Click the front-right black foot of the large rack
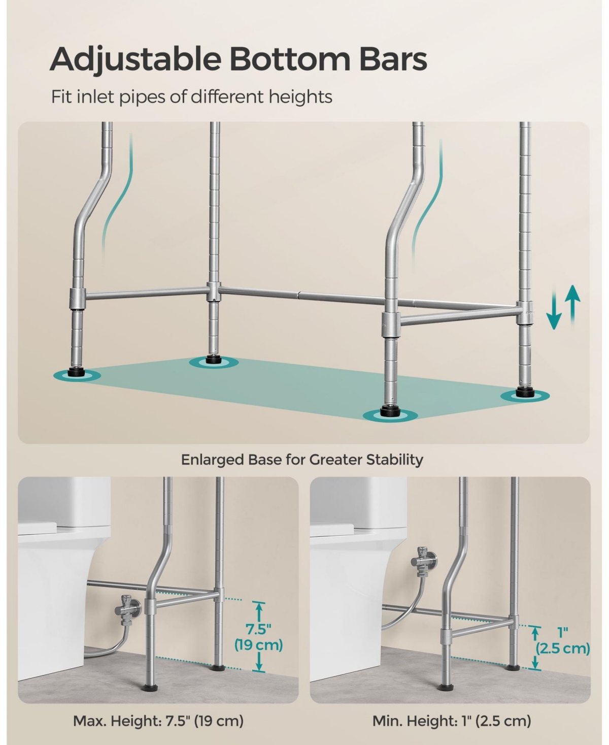pyautogui.click(x=390, y=411)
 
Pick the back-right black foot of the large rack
pyautogui.click(x=525, y=392)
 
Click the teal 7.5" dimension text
pyautogui.click(x=258, y=629)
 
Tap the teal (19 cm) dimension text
pyautogui.click(x=259, y=645)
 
